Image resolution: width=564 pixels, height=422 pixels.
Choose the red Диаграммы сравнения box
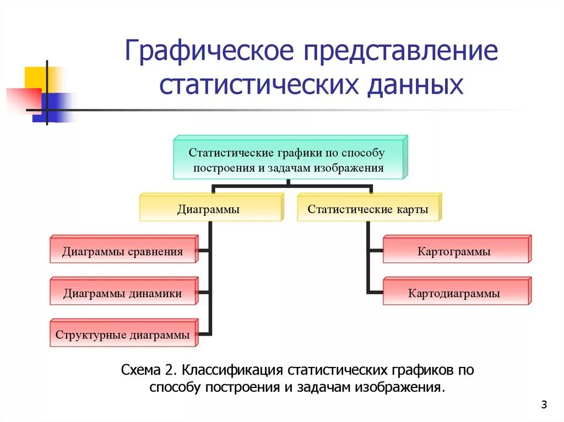tap(122, 252)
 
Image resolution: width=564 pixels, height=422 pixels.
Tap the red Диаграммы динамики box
tap(122, 293)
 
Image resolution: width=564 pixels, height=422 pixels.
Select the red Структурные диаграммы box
tap(122, 335)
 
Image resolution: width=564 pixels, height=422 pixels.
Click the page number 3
tap(544, 405)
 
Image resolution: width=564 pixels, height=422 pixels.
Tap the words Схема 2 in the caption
tap(148, 370)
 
